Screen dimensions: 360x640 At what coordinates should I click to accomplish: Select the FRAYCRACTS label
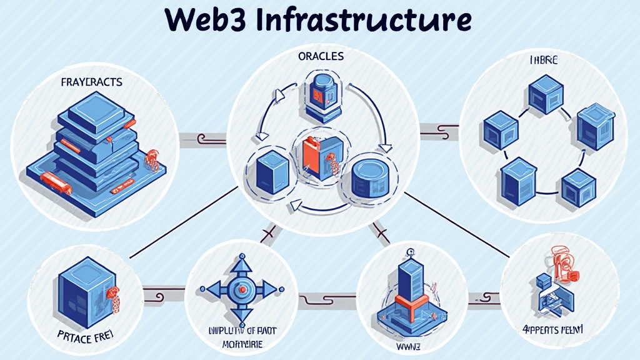(x=92, y=82)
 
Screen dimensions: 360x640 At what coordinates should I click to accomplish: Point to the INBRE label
(x=542, y=61)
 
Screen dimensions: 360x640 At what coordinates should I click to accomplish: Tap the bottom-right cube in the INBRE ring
(x=574, y=187)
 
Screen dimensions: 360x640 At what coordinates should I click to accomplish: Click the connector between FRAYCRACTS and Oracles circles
(x=202, y=139)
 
